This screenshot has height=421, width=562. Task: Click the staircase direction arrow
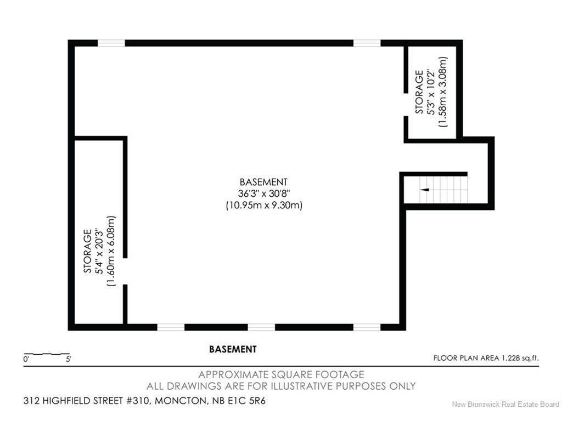tap(425, 189)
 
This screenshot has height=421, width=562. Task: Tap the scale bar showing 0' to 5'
tap(47, 354)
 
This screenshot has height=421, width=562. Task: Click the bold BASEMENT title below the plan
tap(233, 349)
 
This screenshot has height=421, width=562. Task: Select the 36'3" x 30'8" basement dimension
tap(264, 194)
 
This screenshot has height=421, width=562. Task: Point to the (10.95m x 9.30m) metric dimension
tap(264, 206)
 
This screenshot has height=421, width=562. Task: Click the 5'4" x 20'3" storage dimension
tap(99, 251)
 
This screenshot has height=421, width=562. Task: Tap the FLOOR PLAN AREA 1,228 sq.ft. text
tap(486, 357)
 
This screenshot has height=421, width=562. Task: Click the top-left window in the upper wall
tap(111, 43)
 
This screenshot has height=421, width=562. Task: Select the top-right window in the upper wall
tap(367, 43)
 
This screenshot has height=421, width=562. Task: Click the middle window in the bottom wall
tap(262, 327)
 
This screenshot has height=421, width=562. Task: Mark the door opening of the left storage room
tap(125, 271)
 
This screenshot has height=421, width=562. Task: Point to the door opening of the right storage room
tap(406, 105)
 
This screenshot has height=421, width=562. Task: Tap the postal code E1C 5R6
tap(248, 401)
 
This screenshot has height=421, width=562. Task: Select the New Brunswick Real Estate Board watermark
tap(505, 404)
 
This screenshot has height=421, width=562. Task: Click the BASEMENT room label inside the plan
tap(263, 182)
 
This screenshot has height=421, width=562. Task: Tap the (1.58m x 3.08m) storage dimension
tap(443, 92)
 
